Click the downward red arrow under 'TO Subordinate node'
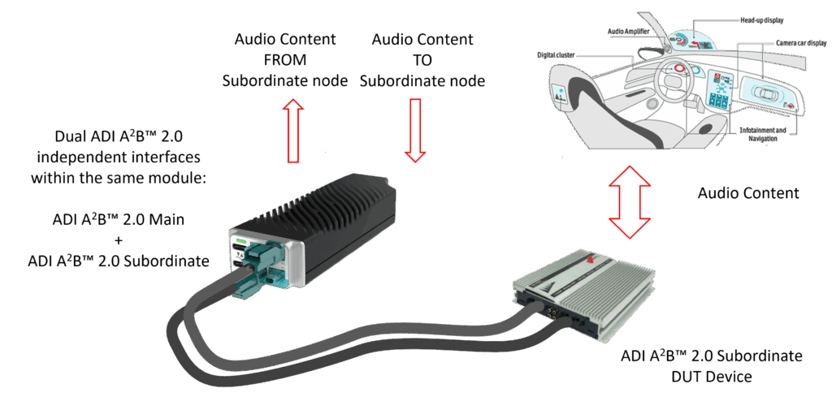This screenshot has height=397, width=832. [415, 128]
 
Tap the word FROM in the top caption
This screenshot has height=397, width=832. [286, 60]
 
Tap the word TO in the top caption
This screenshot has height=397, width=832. [422, 60]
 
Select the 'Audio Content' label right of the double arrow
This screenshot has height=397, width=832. [748, 193]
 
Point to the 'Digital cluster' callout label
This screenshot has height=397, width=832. [557, 55]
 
